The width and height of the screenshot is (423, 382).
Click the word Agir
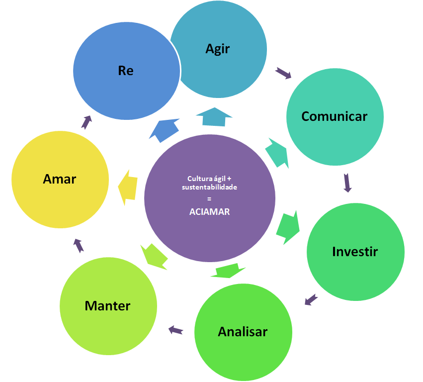pyautogui.click(x=218, y=49)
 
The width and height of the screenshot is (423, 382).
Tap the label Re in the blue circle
pyautogui.click(x=126, y=71)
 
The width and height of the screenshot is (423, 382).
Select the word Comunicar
pyautogui.click(x=334, y=116)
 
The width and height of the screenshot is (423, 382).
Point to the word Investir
pyautogui.click(x=355, y=252)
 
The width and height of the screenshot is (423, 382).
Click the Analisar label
pyautogui.click(x=243, y=332)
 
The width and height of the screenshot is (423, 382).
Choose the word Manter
pyautogui.click(x=107, y=305)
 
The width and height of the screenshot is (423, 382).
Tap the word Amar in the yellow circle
pyautogui.click(x=60, y=179)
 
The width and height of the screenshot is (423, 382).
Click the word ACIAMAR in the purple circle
pyautogui.click(x=209, y=211)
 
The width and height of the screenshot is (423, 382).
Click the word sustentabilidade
pyautogui.click(x=209, y=188)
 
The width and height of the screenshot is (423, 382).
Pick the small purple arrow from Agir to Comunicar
pyautogui.click(x=283, y=74)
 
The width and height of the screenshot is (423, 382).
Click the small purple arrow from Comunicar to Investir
pyautogui.click(x=347, y=183)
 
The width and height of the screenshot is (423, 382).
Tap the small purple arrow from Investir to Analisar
pyautogui.click(x=311, y=299)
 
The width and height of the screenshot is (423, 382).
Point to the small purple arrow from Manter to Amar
pyautogui.click(x=78, y=245)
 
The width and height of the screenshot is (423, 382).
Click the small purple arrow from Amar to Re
pyautogui.click(x=86, y=122)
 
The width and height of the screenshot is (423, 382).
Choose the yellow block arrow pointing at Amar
pyautogui.click(x=128, y=187)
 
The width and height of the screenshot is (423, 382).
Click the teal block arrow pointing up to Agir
pyautogui.click(x=214, y=117)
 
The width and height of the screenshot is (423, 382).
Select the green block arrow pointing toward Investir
pyautogui.click(x=288, y=227)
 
